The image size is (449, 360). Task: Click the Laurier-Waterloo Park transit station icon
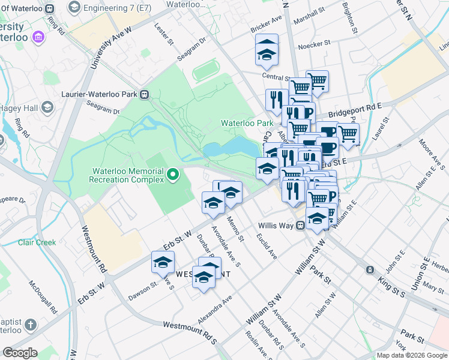point(145,94)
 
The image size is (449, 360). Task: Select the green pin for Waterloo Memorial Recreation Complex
point(173,175)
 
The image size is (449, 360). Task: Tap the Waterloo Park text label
point(247,123)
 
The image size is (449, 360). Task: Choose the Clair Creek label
point(37,242)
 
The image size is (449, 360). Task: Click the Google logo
point(20,353)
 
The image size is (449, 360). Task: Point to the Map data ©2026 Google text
point(411,355)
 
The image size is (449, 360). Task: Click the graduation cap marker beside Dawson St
point(162,262)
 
